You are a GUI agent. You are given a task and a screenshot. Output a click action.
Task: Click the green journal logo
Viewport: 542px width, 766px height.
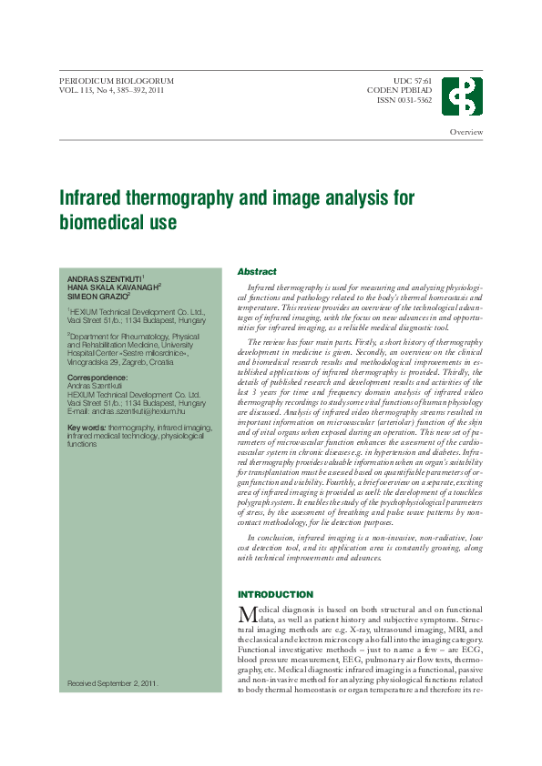(x=463, y=96)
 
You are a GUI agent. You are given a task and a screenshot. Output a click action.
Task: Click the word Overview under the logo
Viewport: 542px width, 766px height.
(x=466, y=133)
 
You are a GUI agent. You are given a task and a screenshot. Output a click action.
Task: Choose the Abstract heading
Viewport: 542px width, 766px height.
(x=257, y=271)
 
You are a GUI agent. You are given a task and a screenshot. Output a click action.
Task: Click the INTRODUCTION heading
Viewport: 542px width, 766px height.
(x=275, y=594)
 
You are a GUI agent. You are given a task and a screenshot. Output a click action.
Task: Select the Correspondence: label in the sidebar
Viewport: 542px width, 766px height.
(x=98, y=377)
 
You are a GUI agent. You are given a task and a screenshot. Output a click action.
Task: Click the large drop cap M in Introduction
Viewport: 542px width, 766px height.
(x=245, y=614)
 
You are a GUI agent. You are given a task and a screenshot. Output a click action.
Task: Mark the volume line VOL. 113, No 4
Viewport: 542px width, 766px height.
(x=111, y=91)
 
